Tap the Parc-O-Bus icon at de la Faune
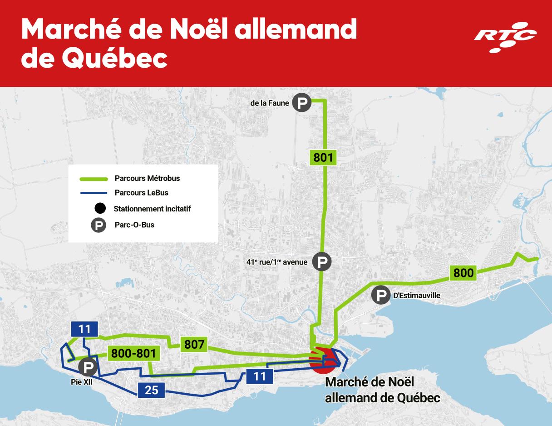302,103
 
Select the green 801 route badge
323,158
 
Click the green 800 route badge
463,273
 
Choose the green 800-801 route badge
133,353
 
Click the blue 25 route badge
151,390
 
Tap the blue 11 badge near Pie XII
84,329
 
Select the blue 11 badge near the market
260,376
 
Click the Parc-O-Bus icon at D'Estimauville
380,295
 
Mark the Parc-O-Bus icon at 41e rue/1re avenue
322,261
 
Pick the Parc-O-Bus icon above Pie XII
88,366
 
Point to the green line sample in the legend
94,179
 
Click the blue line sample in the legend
94,193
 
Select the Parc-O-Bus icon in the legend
99,225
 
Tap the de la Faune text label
270,103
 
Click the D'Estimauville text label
416,296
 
